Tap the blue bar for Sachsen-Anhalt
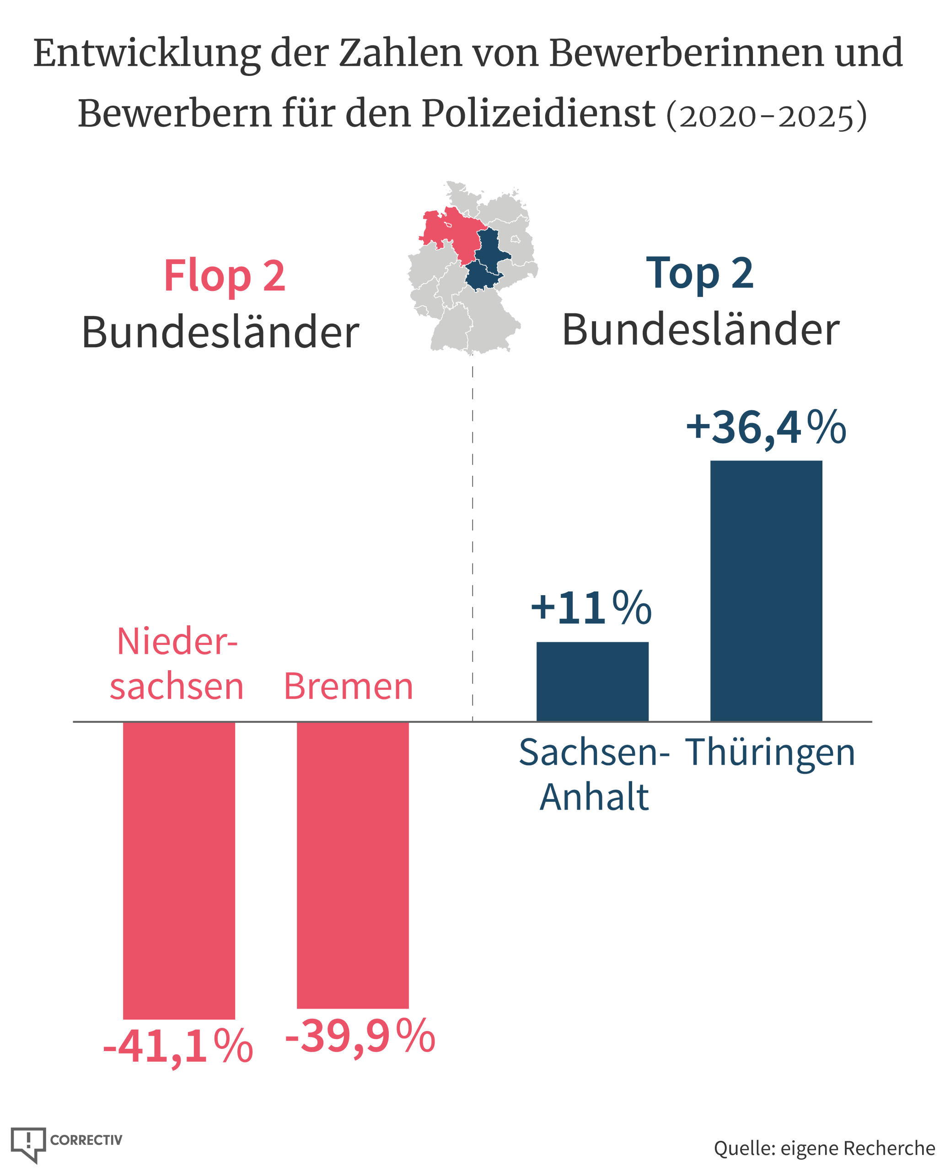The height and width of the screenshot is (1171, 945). (x=592, y=682)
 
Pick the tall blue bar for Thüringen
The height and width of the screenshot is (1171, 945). (x=766, y=591)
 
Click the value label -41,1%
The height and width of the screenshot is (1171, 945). (x=178, y=1046)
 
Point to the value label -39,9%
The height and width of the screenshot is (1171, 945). (x=360, y=1036)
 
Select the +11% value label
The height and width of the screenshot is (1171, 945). (x=591, y=607)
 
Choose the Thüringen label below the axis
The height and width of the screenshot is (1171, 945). (x=770, y=753)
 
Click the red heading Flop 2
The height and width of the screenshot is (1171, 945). (x=224, y=276)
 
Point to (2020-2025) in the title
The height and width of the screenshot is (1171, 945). (x=767, y=115)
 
